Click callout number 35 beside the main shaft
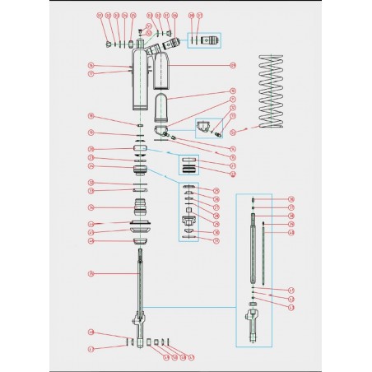pyautogui.click(x=91, y=272)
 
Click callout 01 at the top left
pyautogui.click(x=100, y=16)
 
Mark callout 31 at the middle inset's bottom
pyautogui.click(x=216, y=242)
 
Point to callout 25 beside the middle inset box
pyautogui.click(x=216, y=191)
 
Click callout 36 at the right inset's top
pyautogui.click(x=291, y=199)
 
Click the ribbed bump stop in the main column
pyautogui.click(x=141, y=207)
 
